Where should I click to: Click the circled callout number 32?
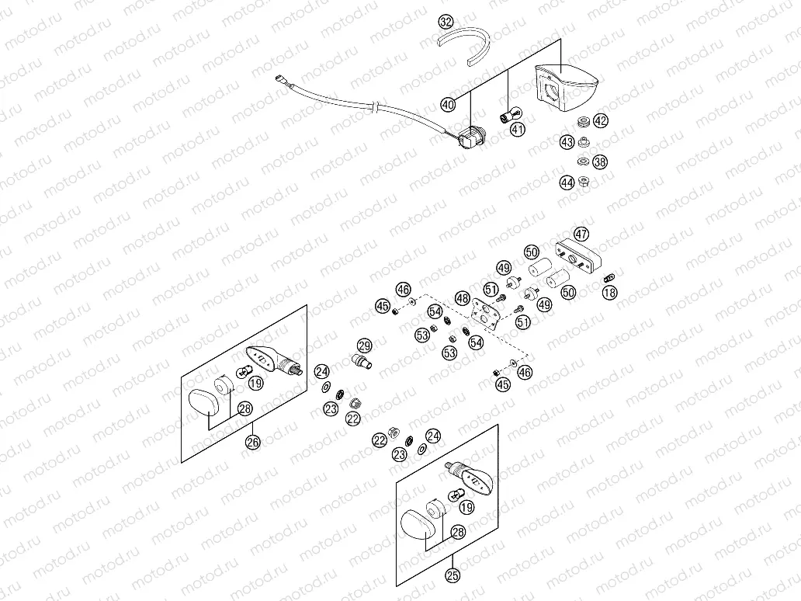tap(446, 22)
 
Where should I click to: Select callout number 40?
tap(448, 104)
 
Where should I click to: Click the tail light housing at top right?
tap(564, 84)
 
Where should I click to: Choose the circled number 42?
tap(601, 121)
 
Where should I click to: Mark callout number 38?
tap(600, 162)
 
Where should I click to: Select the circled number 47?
tap(581, 234)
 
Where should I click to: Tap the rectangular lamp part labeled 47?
tap(577, 255)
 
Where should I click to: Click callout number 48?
tap(463, 298)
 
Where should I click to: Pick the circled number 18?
tap(609, 292)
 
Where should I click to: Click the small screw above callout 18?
tap(609, 276)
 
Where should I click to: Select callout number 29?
tap(364, 346)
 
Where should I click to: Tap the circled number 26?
tap(252, 442)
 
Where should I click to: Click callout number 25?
tap(452, 575)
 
